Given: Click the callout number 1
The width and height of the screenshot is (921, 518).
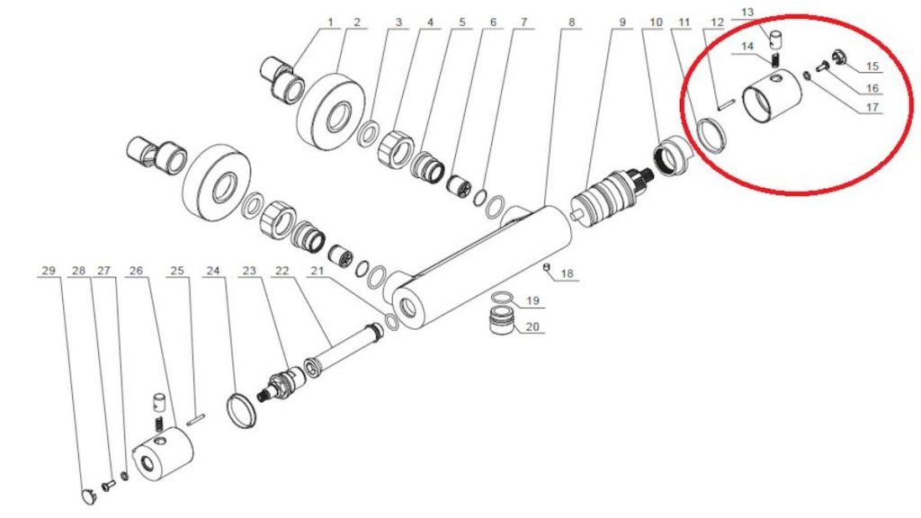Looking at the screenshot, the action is coord(330,22).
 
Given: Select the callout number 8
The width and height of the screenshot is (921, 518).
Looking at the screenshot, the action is coord(571,22).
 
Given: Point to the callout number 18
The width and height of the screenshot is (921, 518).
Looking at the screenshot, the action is coord(567,273).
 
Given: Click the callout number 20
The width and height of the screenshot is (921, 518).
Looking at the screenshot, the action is coord(532,326).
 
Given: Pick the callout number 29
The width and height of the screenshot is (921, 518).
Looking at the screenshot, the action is coord(49,270).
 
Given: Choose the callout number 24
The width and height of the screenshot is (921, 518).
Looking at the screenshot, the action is coord(213,270).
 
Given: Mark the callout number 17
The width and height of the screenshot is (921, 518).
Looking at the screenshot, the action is coord(872,108).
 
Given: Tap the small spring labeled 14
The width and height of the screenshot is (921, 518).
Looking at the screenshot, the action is coord(776,58).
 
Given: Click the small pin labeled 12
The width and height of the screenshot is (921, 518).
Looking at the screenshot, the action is coord(728,105).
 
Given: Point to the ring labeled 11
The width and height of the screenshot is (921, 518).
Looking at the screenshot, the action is coord(711,137).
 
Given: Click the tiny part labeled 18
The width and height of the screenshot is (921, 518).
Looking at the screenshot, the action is coord(547,266).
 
